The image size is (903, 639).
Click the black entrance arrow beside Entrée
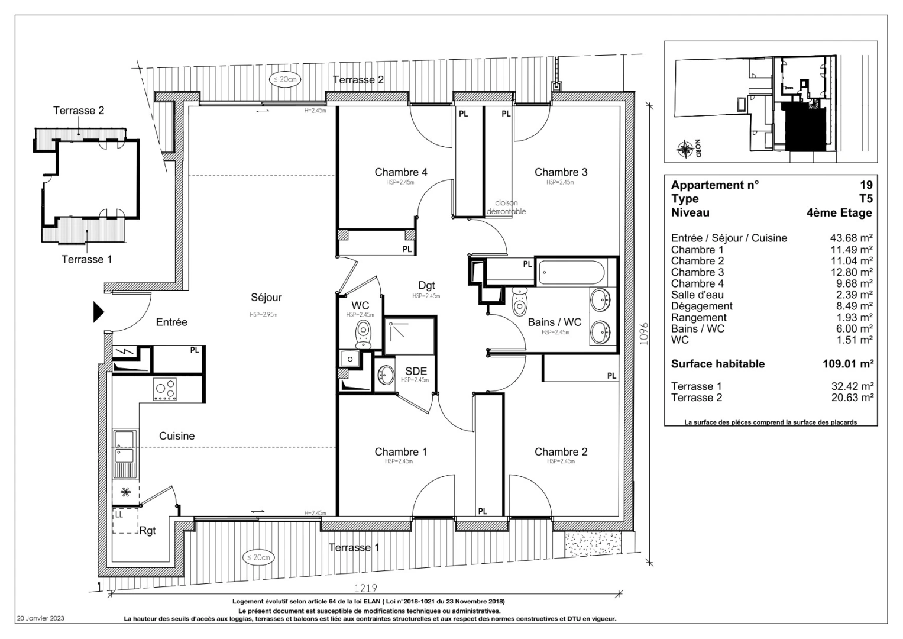pyautogui.click(x=98, y=312)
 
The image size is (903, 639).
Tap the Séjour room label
pyautogui.click(x=266, y=298)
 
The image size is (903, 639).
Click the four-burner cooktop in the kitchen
pyautogui.click(x=165, y=390)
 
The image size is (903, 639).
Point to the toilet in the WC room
pyautogui.click(x=363, y=333)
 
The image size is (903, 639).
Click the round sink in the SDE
pyautogui.click(x=386, y=375)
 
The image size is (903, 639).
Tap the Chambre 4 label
pyautogui.click(x=400, y=172)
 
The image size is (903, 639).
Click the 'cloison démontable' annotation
pyautogui.click(x=506, y=207)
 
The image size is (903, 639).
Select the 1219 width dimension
pyautogui.click(x=365, y=589)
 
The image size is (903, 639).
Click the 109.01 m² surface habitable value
pyautogui.click(x=848, y=364)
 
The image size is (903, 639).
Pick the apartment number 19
pyautogui.click(x=866, y=185)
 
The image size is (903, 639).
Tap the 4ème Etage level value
pyautogui.click(x=839, y=212)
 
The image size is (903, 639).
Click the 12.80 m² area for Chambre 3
pyautogui.click(x=852, y=272)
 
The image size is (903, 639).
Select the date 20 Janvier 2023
pyautogui.click(x=41, y=618)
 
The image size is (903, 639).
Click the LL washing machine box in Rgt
pyautogui.click(x=125, y=521)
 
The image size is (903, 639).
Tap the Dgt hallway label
pyautogui.click(x=426, y=286)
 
